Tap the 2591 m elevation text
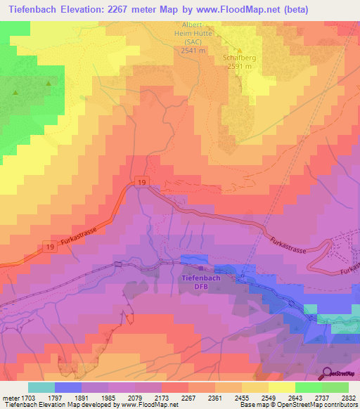coord(238,66)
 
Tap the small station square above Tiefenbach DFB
coord(201,268)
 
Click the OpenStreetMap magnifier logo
coord(327,373)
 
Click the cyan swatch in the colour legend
coord(41,387)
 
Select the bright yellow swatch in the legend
coord(281,387)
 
